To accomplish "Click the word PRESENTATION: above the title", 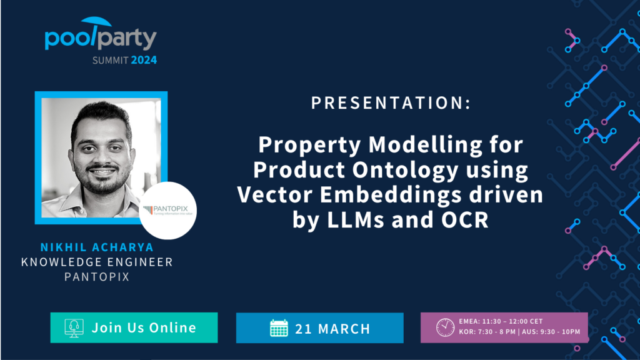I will click(391, 103).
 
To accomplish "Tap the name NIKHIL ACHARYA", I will click(97, 247).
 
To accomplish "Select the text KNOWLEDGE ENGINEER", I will click(97, 262).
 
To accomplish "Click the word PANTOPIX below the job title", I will click(97, 276).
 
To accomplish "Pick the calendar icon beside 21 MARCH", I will click(279, 328).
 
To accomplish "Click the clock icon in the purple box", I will click(445, 327).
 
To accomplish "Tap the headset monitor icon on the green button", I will click(74, 328).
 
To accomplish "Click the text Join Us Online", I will click(144, 327).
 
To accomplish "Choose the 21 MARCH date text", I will click(333, 329).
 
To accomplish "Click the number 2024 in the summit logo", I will click(144, 61).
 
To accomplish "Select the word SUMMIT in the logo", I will click(110, 61).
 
